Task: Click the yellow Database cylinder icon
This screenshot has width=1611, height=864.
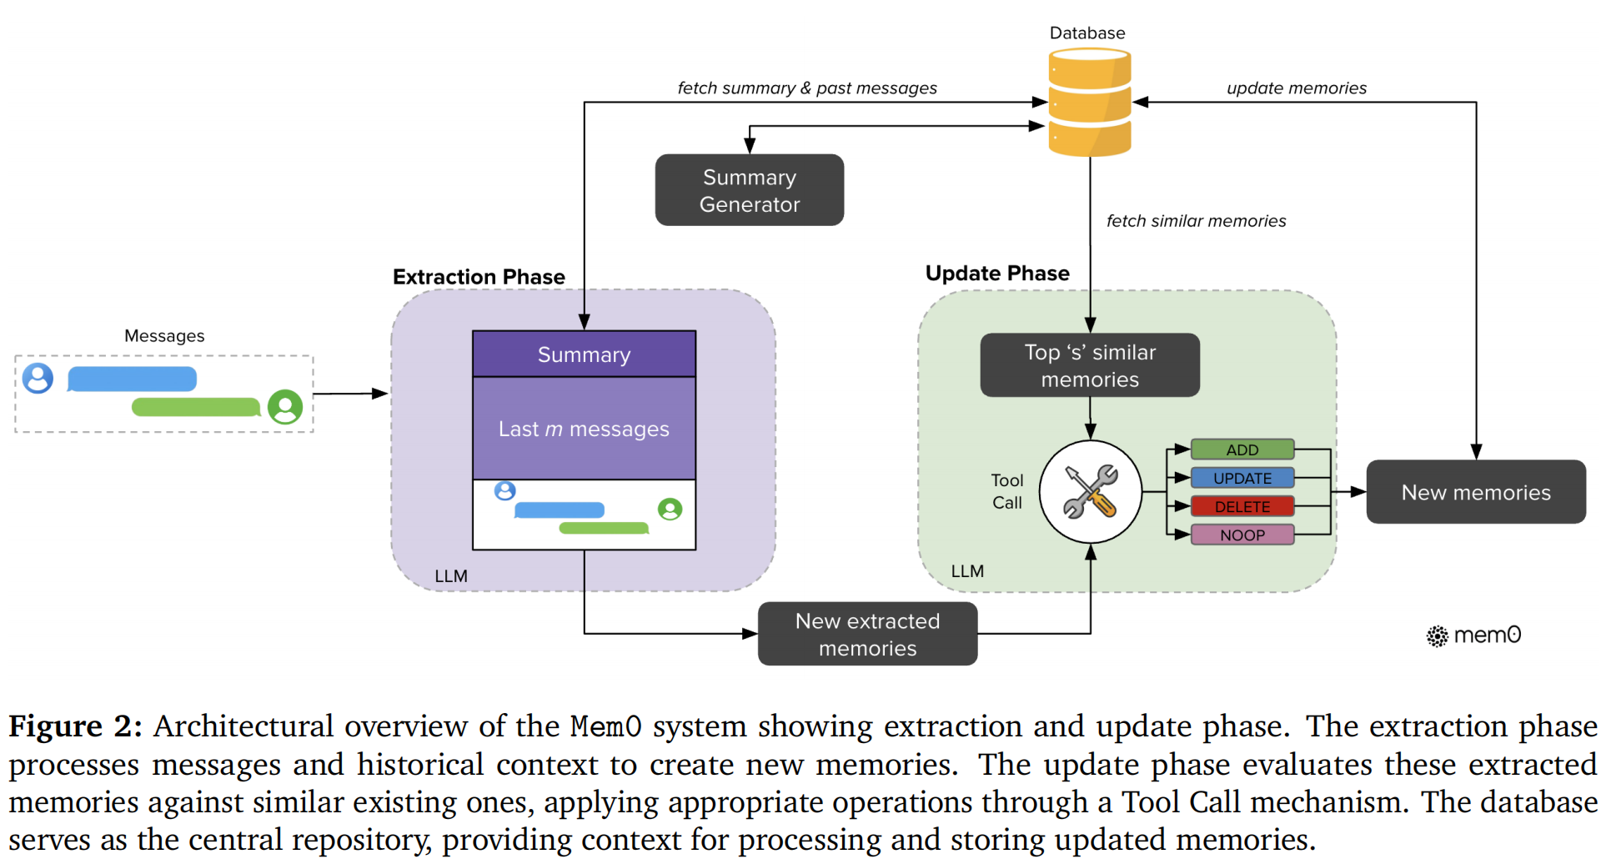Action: (1089, 102)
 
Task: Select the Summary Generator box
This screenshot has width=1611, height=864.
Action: (749, 190)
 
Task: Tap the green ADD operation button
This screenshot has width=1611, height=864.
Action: (1242, 450)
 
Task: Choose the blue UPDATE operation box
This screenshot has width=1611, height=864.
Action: (1242, 478)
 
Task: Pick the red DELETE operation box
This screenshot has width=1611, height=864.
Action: (1242, 506)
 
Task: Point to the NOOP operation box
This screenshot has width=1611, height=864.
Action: (1242, 535)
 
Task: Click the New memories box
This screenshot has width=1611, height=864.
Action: (1476, 492)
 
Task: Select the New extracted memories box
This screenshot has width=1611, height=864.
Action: (867, 634)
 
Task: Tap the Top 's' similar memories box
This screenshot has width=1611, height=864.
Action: (1090, 365)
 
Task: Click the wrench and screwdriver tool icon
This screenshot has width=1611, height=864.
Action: (1091, 492)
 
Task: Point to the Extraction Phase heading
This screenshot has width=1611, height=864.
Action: (479, 277)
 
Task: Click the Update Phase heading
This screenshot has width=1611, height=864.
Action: (997, 274)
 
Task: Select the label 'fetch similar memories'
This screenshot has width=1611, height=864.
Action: (1196, 221)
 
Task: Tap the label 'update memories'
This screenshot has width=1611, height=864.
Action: (1297, 88)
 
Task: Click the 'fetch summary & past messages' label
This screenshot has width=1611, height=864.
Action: (807, 88)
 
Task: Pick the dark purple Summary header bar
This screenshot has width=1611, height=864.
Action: (584, 354)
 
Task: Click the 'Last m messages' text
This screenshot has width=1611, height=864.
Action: (584, 429)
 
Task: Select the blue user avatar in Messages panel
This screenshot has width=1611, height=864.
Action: (38, 378)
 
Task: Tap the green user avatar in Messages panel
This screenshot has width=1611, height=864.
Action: (285, 407)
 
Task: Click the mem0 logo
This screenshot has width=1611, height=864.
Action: (1473, 635)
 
